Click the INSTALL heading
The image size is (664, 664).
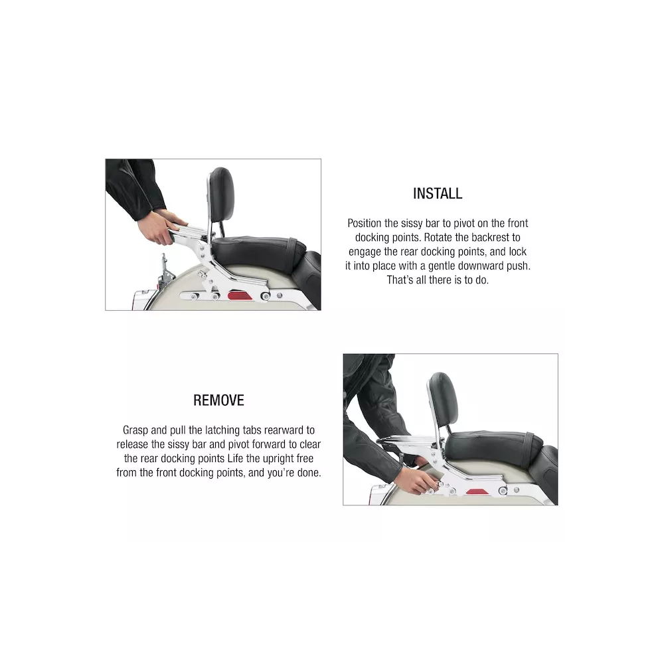click(x=438, y=193)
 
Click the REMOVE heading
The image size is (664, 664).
click(x=218, y=400)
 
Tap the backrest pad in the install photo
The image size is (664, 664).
click(x=221, y=194)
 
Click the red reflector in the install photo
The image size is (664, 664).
click(x=240, y=295)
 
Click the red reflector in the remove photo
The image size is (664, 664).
click(x=476, y=492)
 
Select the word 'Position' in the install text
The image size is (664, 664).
click(x=364, y=223)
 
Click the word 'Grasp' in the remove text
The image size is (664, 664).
click(x=135, y=430)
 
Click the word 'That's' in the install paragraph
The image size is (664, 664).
click(x=400, y=280)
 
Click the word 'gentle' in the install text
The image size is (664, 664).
click(x=442, y=266)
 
